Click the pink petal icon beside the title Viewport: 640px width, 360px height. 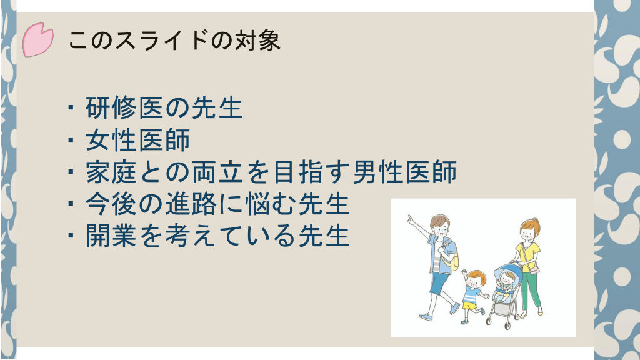37,39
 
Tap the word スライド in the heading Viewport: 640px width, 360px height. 161,41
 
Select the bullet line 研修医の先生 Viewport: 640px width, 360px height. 164,107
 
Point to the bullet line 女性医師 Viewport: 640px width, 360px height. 138,139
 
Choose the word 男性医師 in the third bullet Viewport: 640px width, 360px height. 405,172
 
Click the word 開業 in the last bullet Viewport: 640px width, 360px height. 111,236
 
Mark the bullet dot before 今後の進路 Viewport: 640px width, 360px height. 71,203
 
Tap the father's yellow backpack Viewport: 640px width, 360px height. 451,255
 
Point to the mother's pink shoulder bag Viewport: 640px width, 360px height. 534,270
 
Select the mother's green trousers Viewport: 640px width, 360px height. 531,290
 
